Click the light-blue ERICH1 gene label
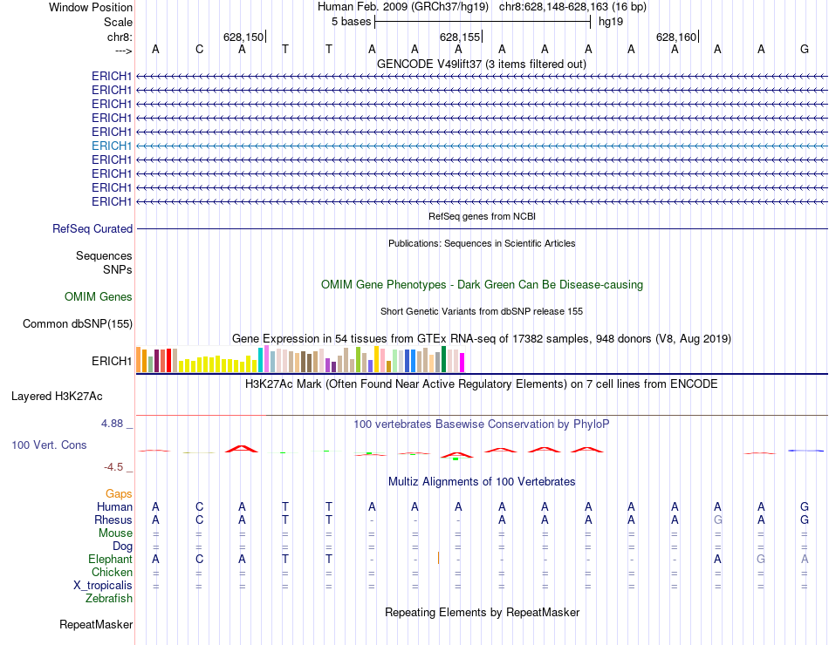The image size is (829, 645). click(x=112, y=146)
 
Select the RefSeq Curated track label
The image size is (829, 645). click(x=92, y=228)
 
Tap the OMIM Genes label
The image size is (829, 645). click(x=99, y=297)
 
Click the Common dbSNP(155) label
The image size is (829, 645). click(x=77, y=324)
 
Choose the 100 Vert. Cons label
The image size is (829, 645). click(x=49, y=445)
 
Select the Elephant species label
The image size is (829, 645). click(x=110, y=559)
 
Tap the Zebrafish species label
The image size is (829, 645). click(x=109, y=599)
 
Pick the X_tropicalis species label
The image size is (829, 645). click(x=103, y=585)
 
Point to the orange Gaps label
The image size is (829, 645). click(x=119, y=493)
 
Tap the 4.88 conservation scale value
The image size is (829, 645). click(x=113, y=424)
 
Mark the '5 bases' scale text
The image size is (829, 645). click(x=351, y=21)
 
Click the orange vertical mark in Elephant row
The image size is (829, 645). click(x=438, y=558)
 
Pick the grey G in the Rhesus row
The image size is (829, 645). click(x=718, y=519)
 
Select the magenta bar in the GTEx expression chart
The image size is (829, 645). click(x=462, y=362)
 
